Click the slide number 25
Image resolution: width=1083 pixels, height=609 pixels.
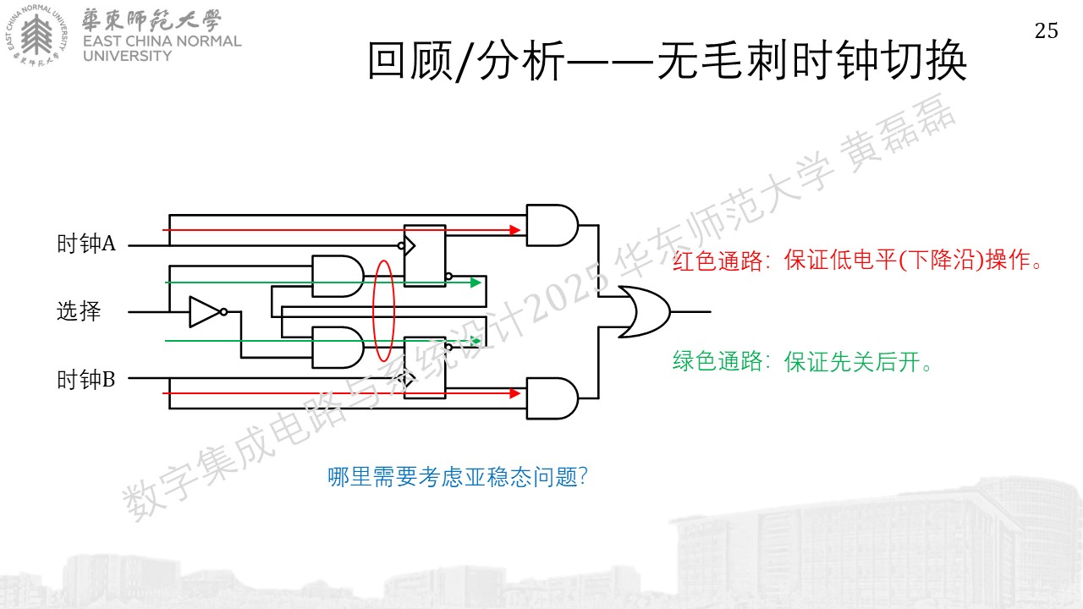[x=1047, y=31]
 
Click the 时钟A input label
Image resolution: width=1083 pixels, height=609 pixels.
[x=86, y=243]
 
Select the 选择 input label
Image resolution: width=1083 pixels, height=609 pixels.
[x=79, y=310]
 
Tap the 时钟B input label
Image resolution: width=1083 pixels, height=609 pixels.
[x=86, y=380]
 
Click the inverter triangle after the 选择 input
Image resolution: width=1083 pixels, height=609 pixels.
[x=206, y=312]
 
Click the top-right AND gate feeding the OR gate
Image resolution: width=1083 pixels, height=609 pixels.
[x=552, y=225]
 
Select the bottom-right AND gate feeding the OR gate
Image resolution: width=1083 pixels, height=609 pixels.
[x=552, y=398]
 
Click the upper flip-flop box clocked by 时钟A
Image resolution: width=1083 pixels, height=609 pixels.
[x=425, y=255]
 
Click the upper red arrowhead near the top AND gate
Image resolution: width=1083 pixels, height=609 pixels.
[x=515, y=230]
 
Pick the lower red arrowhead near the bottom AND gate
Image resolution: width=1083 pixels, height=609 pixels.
[x=515, y=393]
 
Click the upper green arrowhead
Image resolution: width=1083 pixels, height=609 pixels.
[x=476, y=283]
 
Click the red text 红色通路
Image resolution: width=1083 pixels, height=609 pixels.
[x=717, y=261]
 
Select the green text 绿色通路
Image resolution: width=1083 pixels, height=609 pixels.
[x=717, y=361]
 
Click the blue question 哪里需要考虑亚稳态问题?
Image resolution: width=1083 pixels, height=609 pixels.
[x=458, y=477]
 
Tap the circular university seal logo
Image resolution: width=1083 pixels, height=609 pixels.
[x=36, y=36]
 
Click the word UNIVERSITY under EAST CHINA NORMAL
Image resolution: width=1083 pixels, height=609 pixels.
[x=127, y=56]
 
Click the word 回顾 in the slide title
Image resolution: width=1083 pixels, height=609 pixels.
[x=410, y=61]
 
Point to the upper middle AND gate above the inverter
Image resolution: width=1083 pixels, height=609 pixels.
[x=338, y=276]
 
